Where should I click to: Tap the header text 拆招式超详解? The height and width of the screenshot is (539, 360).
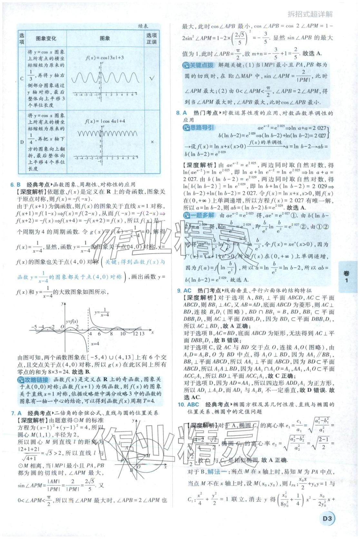(x=310, y=14)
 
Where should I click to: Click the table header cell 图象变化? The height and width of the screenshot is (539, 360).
(x=46, y=38)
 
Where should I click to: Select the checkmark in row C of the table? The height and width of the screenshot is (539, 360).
(x=152, y=78)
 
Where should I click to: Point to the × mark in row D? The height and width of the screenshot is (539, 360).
(x=152, y=142)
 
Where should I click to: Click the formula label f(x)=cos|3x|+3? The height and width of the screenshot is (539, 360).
(x=105, y=58)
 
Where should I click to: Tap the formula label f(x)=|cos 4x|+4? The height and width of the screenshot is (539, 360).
(x=105, y=121)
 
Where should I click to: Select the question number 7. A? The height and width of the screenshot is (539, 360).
(x=16, y=413)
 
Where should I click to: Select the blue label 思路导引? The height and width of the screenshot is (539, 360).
(x=198, y=128)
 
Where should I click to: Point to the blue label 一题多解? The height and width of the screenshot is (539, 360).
(x=199, y=215)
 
